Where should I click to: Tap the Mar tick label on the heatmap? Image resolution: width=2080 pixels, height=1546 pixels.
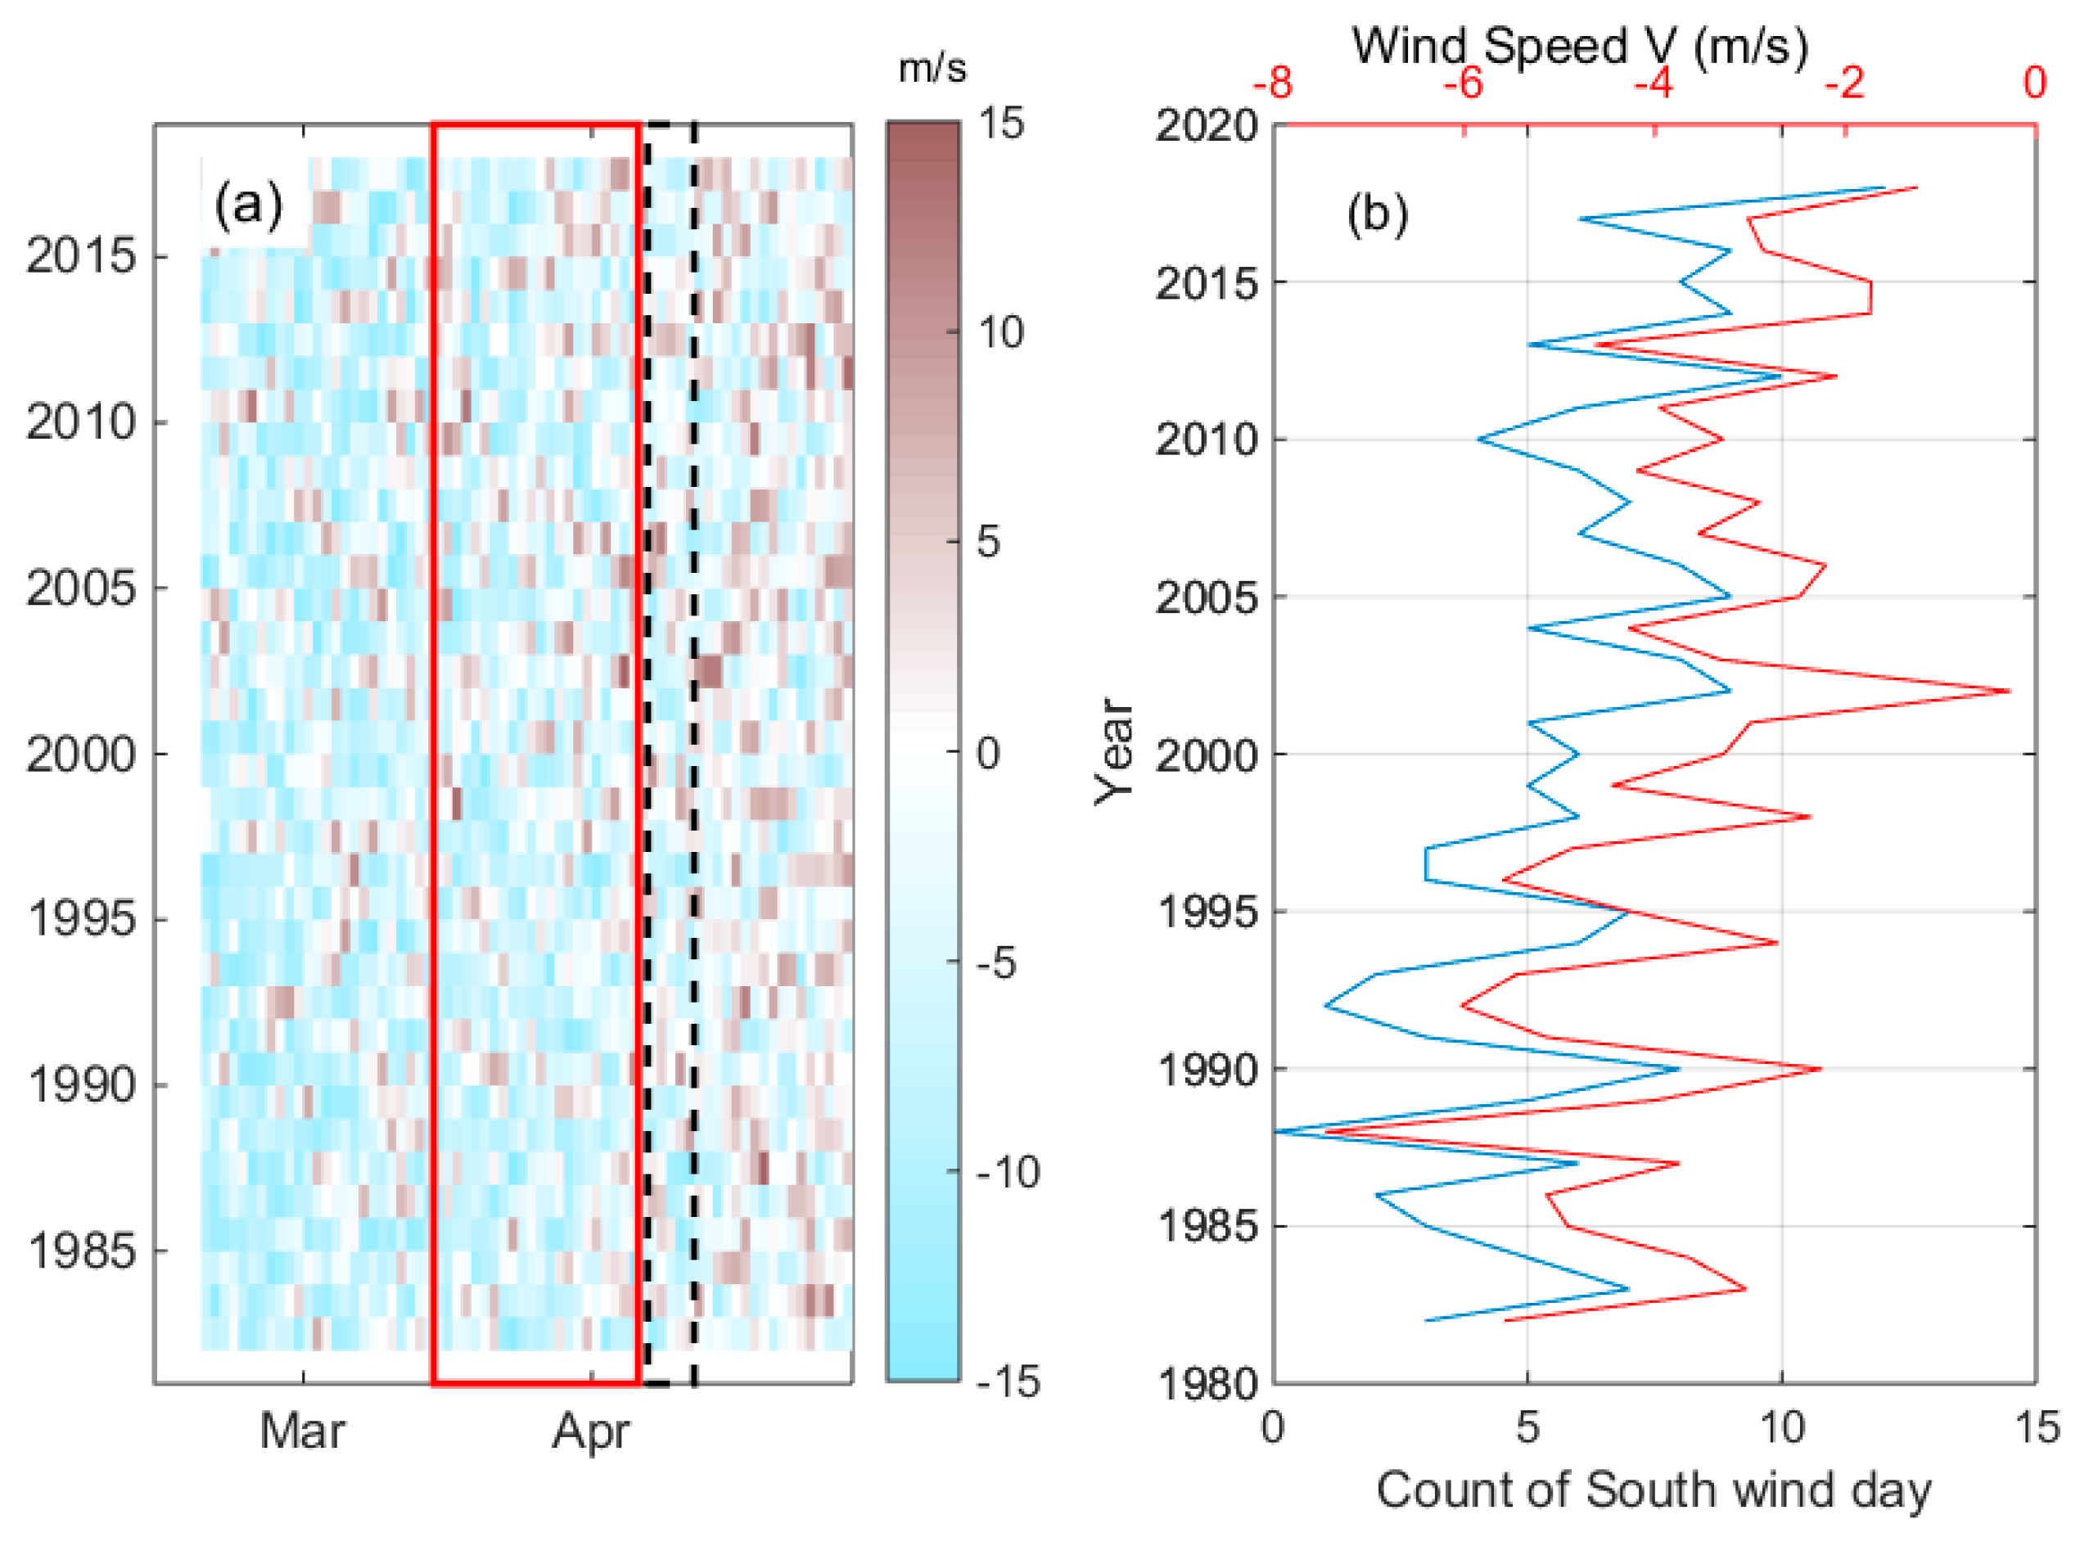[301, 1431]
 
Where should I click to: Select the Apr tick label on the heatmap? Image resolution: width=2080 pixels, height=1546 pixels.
[591, 1431]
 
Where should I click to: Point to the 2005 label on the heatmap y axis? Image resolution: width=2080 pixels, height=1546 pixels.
[81, 588]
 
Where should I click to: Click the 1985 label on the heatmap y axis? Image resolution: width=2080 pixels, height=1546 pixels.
[81, 1251]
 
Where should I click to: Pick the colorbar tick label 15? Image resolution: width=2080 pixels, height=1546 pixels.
[999, 124]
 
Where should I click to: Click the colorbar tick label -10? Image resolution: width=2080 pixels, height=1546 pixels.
[1007, 1172]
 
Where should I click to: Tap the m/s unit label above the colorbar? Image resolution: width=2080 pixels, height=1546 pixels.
[932, 68]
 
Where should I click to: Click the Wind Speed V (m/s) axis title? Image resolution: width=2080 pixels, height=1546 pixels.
[1580, 45]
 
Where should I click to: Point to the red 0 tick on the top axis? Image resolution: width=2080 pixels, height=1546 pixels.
[2033, 84]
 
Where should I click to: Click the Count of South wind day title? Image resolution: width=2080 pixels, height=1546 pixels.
[1654, 1489]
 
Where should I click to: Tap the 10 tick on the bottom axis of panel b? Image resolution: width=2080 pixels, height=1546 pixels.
[1781, 1428]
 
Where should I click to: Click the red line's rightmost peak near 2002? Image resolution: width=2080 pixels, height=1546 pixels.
[2009, 692]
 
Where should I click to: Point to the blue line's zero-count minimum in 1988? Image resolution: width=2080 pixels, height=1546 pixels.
[1276, 1131]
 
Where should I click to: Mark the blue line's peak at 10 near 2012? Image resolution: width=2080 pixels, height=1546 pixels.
[1780, 376]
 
